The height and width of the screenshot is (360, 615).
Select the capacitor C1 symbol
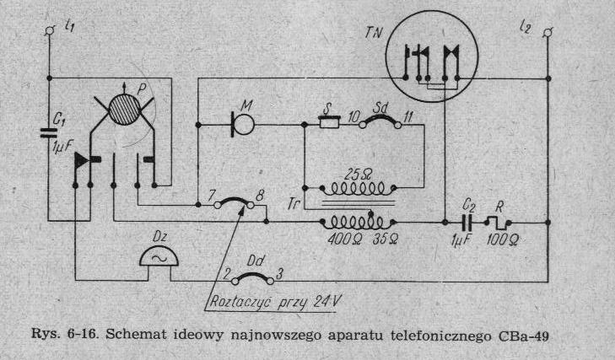point(47,133)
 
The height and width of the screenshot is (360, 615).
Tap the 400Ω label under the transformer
point(338,239)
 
